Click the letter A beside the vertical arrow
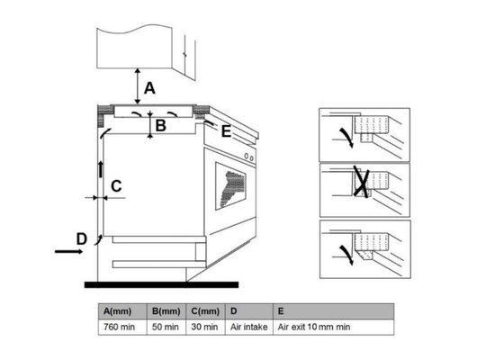click(x=149, y=88)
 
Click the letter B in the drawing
click(x=160, y=125)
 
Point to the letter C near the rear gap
click(x=116, y=186)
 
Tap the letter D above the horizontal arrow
click(x=82, y=238)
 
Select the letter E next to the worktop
click(x=226, y=131)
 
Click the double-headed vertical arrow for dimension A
click(x=138, y=86)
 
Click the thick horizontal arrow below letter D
click(x=68, y=251)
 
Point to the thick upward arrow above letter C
click(x=101, y=169)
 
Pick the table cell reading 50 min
click(x=166, y=327)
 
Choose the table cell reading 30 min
click(x=205, y=327)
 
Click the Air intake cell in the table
click(x=248, y=327)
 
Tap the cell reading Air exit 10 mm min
click(x=333, y=327)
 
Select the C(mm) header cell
click(x=205, y=311)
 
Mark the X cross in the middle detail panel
click(x=362, y=182)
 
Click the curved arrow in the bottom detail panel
click(x=346, y=255)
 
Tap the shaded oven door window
click(x=230, y=186)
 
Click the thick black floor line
click(x=161, y=284)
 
